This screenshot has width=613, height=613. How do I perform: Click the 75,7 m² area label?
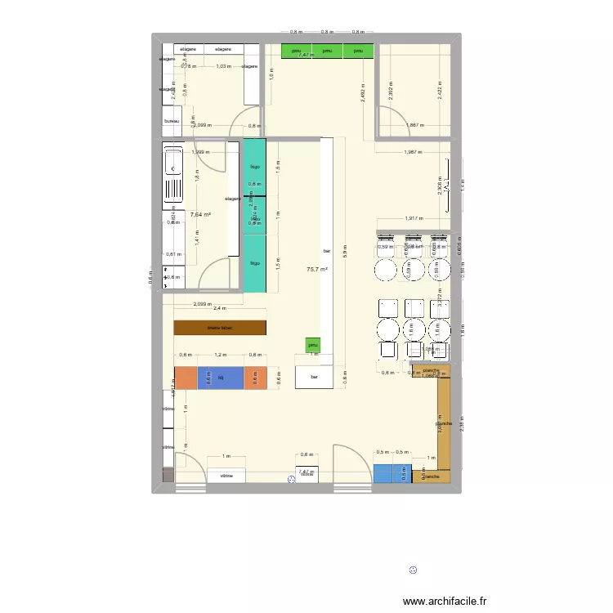click(317, 269)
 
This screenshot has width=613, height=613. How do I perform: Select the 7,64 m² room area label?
click(200, 215)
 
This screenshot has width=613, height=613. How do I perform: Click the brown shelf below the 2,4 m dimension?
click(220, 327)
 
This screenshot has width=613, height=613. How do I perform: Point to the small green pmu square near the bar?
click(313, 346)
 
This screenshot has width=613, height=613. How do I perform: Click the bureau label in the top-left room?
click(172, 122)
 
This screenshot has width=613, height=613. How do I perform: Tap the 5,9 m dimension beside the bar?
click(346, 253)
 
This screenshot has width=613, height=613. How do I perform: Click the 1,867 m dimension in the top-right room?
click(416, 125)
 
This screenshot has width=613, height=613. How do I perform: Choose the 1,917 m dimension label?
click(417, 218)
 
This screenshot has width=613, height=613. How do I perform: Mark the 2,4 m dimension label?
click(220, 308)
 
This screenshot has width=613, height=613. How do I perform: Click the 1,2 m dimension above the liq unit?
click(220, 355)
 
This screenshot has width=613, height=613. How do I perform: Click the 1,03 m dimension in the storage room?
click(222, 66)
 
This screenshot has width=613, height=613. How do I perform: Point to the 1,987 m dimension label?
click(415, 153)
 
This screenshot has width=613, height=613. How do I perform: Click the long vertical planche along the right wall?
click(444, 423)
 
